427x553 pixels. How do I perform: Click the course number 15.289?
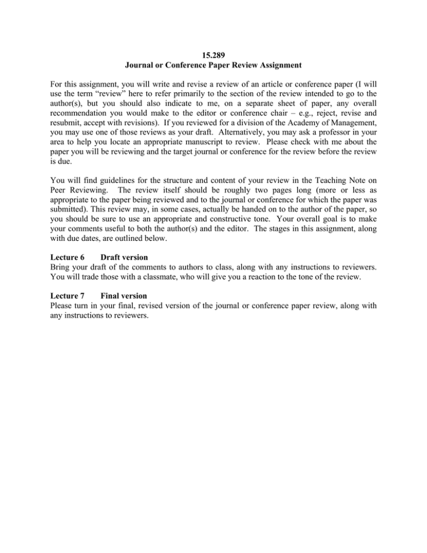213,56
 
